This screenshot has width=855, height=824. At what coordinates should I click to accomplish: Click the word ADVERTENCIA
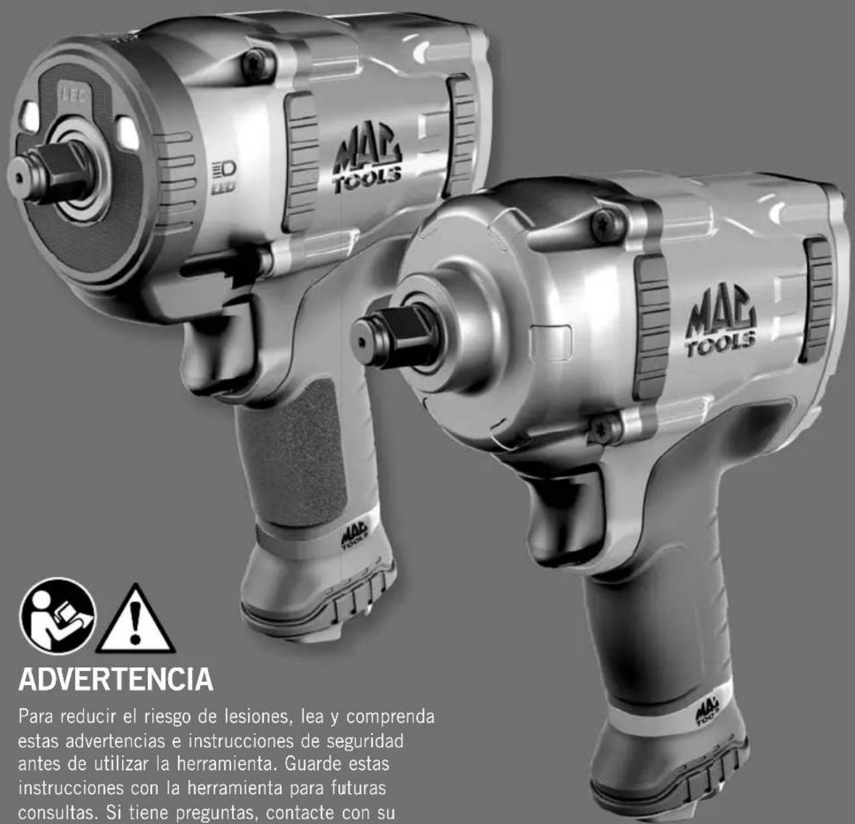[x=116, y=680]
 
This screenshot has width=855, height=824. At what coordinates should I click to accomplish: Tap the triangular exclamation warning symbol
[x=136, y=619]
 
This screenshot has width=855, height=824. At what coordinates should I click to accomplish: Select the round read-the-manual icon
[x=57, y=615]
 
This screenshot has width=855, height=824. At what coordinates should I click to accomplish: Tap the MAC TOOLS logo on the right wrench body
[x=721, y=320]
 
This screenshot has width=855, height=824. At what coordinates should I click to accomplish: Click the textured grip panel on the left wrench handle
[x=294, y=453]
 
